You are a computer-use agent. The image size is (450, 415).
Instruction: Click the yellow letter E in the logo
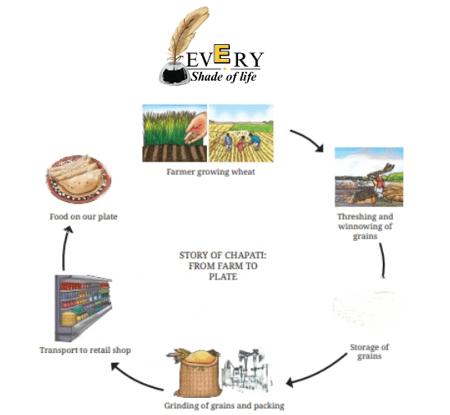click(x=222, y=54)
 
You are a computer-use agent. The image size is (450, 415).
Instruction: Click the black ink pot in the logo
click(x=174, y=74)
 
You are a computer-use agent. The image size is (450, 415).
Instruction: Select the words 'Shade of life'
click(x=223, y=77)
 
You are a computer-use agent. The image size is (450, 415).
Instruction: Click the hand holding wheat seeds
click(x=196, y=128)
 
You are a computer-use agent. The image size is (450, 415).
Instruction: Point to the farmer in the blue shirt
click(x=254, y=141)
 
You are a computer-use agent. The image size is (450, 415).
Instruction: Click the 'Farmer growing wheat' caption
click(x=210, y=172)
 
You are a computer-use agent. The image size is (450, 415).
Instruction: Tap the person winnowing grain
click(x=380, y=184)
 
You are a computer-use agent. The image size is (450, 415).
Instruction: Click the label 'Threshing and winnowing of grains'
click(x=365, y=226)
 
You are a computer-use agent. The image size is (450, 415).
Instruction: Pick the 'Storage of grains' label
click(x=369, y=351)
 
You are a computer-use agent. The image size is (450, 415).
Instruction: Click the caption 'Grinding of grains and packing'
click(x=224, y=405)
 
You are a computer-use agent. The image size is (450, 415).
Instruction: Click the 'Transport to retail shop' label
click(x=85, y=350)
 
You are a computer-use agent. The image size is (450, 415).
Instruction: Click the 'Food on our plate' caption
click(x=83, y=216)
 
